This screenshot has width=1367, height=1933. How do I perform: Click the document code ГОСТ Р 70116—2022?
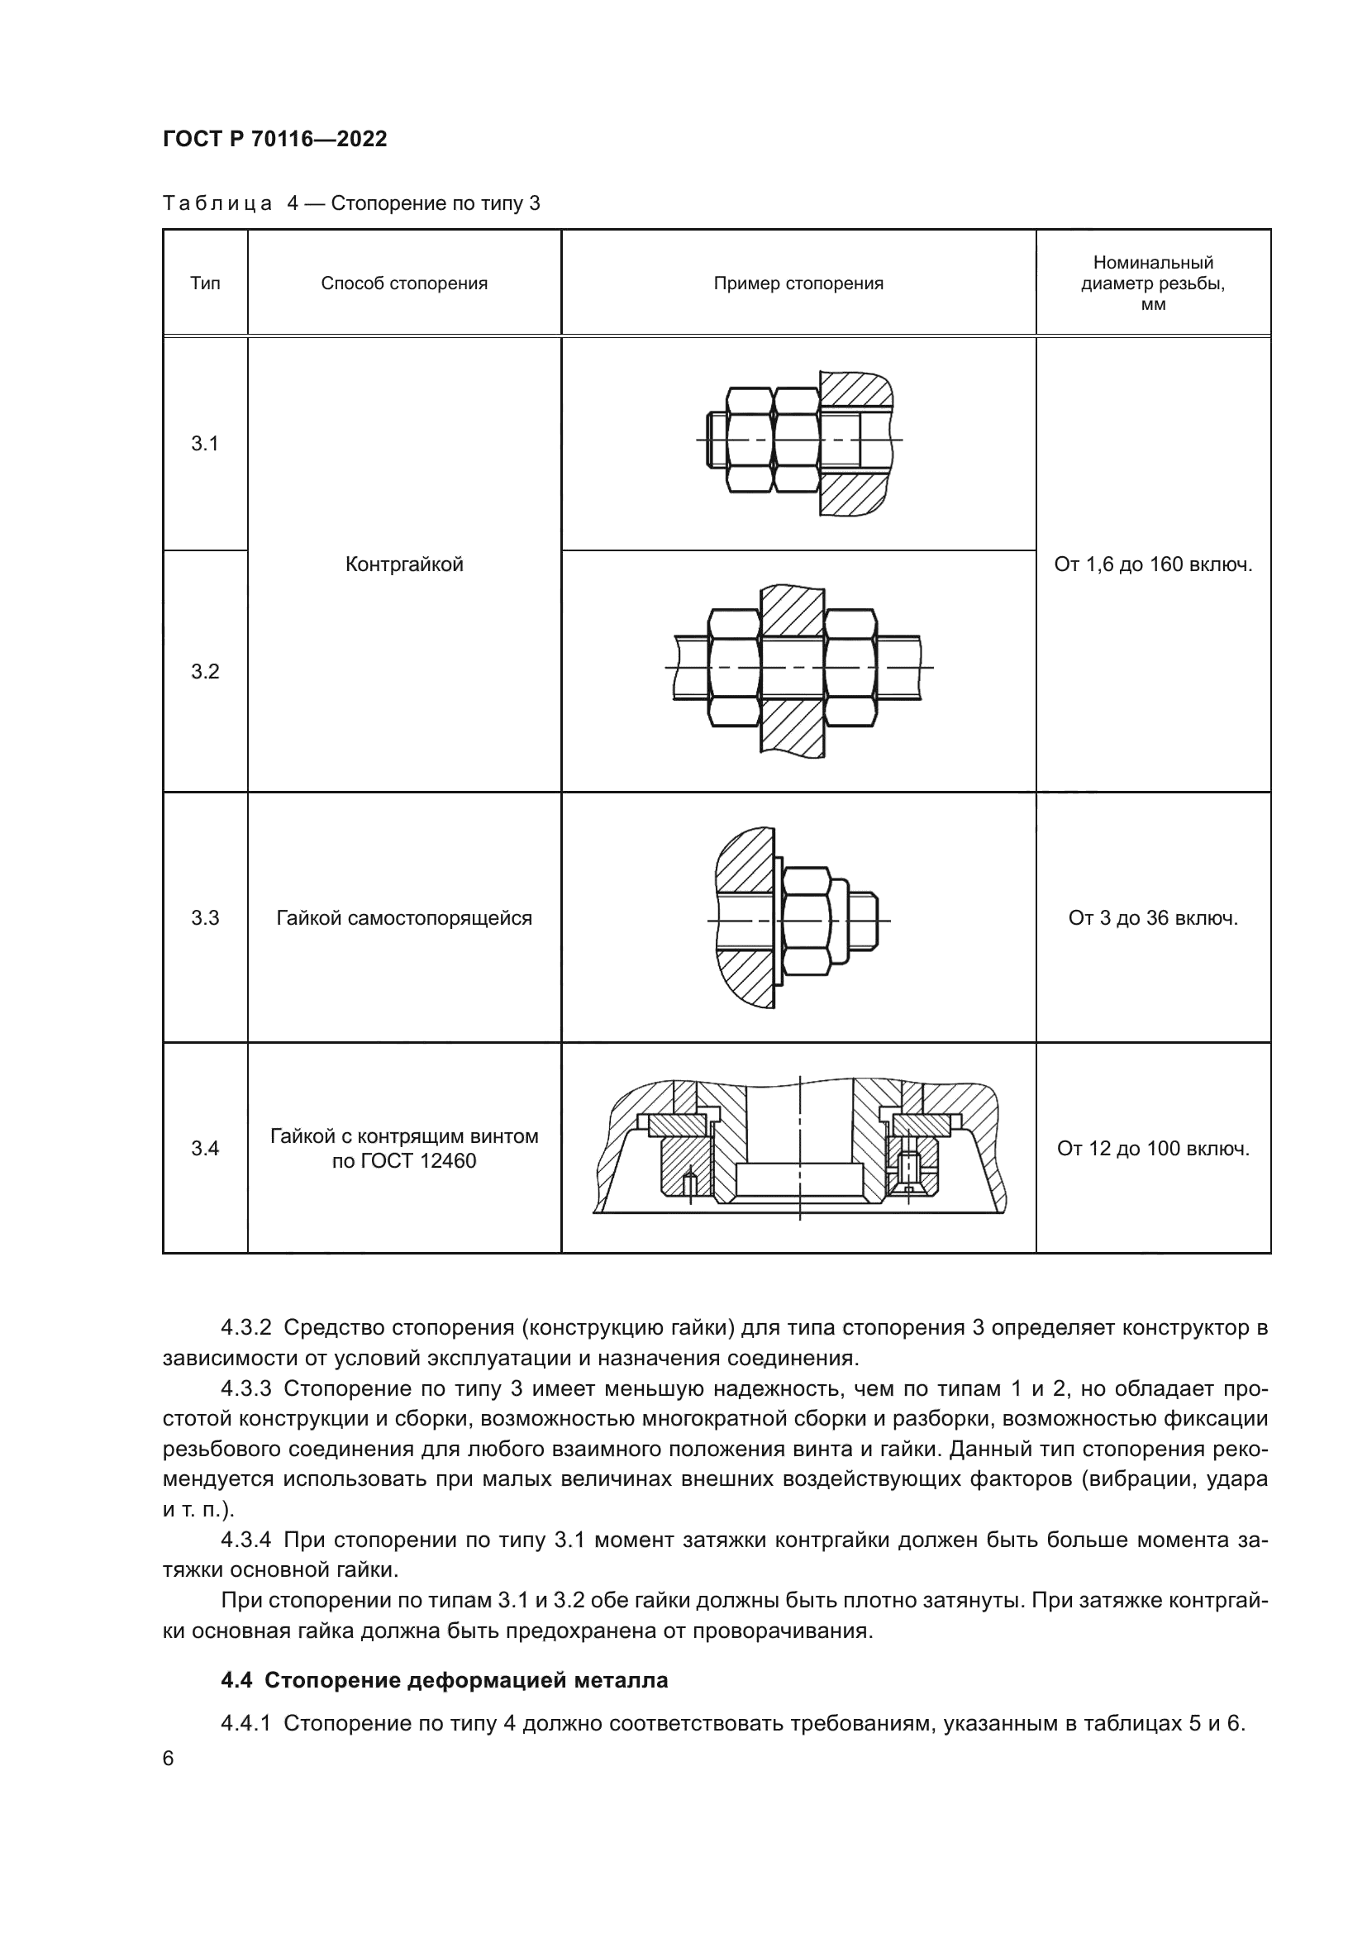(x=274, y=140)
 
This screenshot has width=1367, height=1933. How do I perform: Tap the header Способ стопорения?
(x=404, y=283)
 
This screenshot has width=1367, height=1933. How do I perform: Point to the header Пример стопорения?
(x=798, y=283)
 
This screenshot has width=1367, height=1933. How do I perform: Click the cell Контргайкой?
(x=404, y=564)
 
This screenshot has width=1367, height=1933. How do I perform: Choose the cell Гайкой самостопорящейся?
(x=404, y=917)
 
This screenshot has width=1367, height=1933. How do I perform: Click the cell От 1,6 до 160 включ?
(x=1152, y=564)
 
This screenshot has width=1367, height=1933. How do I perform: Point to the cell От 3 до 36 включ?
(x=1152, y=917)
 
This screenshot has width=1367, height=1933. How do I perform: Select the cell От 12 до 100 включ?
(x=1152, y=1149)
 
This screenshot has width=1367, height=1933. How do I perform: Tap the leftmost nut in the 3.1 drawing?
(x=748, y=440)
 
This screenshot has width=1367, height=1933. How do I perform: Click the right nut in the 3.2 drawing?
(x=851, y=667)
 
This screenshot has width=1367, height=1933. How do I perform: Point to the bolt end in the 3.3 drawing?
(x=864, y=920)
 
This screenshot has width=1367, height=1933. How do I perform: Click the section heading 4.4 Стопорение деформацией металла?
(x=444, y=1680)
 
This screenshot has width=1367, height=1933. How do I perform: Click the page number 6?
(x=169, y=1759)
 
